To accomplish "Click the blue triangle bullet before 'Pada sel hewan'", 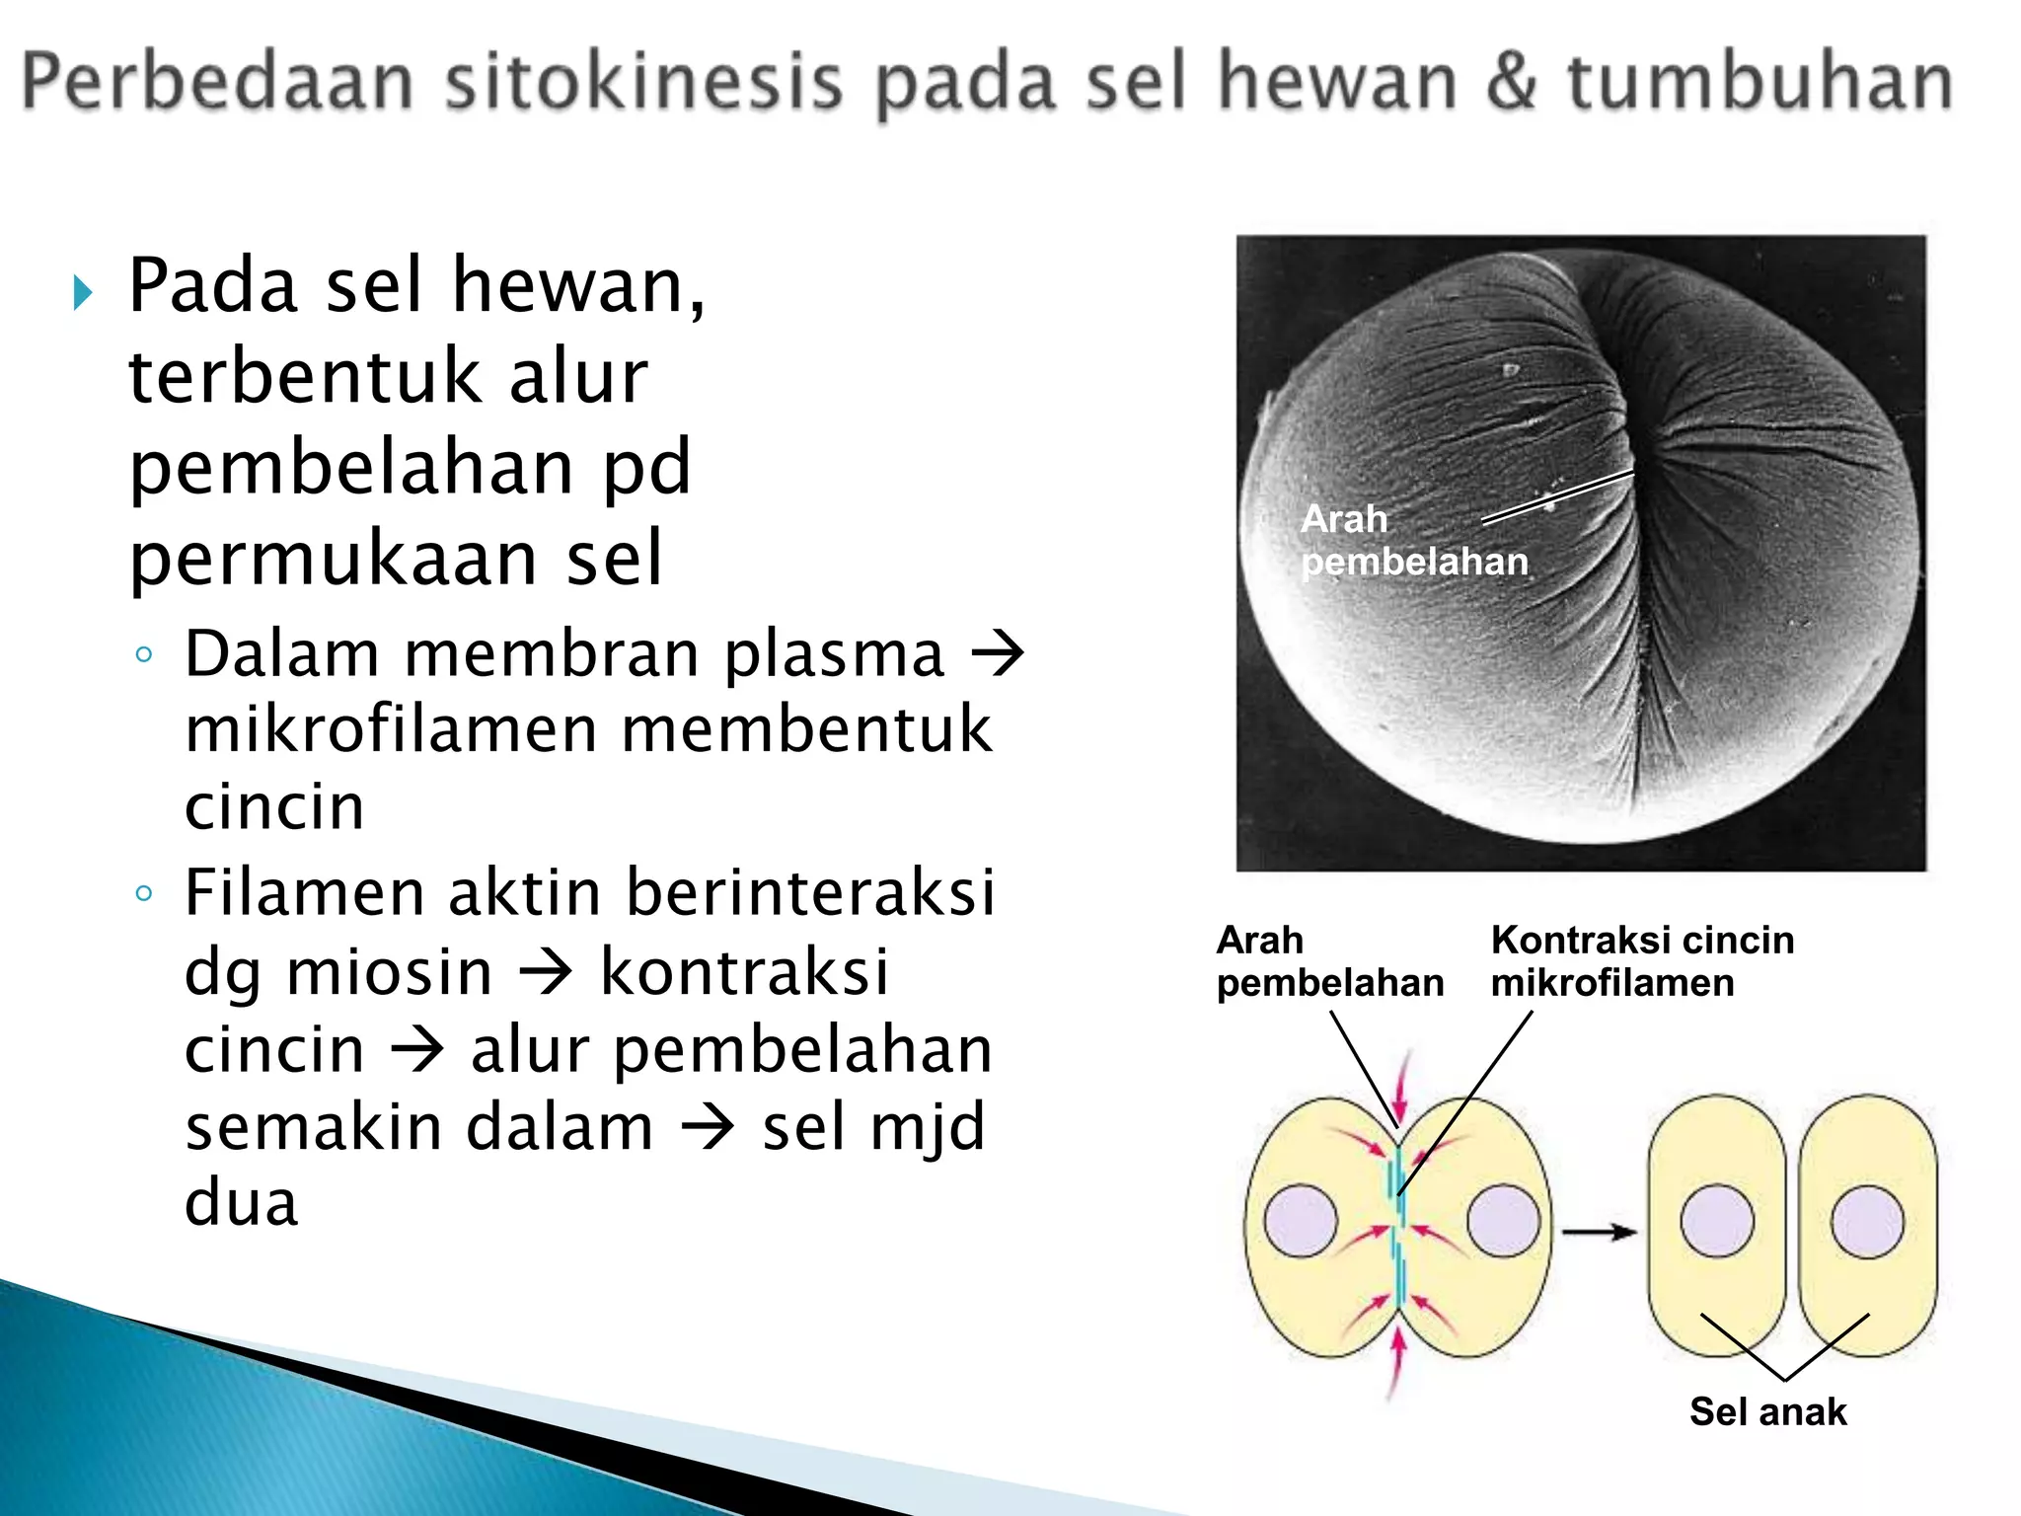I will (83, 293).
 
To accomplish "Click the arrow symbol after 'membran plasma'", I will (998, 655).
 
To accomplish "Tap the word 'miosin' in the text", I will (389, 972).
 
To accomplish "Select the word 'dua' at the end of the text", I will (241, 1203).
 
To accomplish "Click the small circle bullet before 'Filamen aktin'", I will (144, 893).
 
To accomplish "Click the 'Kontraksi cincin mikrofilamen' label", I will (1641, 961).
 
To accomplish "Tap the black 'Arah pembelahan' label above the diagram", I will (1328, 961).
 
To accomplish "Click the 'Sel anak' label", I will (1767, 1411).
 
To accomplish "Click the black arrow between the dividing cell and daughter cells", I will (1599, 1232).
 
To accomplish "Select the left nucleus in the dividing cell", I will (1300, 1221).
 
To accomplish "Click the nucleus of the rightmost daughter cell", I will (1867, 1223).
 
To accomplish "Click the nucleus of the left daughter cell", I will (1717, 1222).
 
